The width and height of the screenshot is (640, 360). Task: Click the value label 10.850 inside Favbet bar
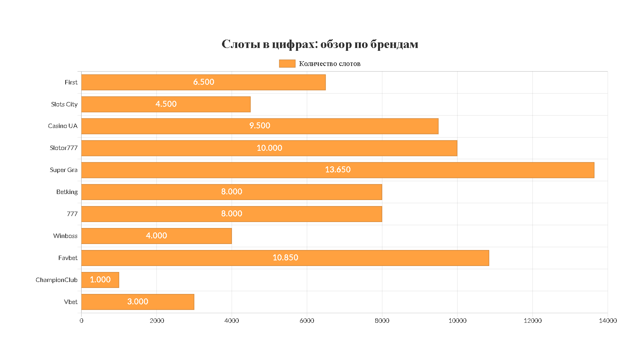click(285, 258)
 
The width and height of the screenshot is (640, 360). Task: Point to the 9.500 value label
click(260, 126)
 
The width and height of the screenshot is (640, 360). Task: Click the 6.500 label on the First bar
click(204, 82)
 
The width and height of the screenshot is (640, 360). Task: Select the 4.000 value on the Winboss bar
click(156, 236)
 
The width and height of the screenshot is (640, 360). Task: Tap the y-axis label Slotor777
click(64, 148)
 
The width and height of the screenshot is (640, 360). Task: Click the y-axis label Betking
click(67, 192)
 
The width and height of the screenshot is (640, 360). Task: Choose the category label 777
click(72, 214)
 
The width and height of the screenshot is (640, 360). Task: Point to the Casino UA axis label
click(63, 126)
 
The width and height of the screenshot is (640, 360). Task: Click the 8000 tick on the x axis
click(382, 321)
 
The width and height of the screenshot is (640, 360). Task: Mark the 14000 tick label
click(608, 321)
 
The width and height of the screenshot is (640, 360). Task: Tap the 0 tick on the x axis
click(82, 321)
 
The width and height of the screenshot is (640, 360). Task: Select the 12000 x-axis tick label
click(532, 321)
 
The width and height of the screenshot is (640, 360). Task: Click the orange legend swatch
click(287, 64)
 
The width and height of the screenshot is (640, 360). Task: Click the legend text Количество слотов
click(330, 64)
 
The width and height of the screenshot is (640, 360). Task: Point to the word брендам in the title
click(394, 44)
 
